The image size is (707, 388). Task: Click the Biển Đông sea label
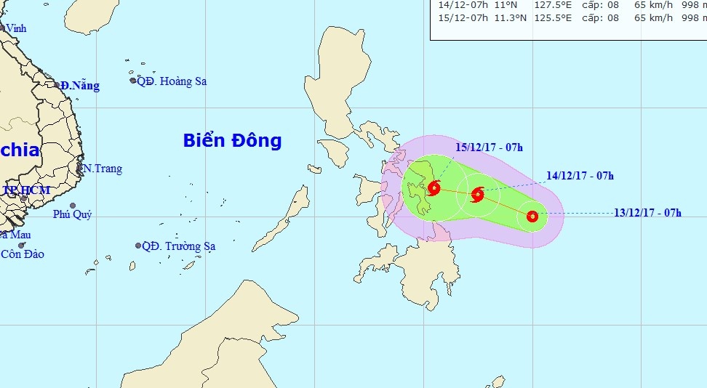click(x=232, y=141)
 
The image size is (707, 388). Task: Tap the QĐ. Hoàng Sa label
click(x=172, y=81)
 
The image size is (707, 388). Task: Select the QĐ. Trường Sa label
click(x=178, y=246)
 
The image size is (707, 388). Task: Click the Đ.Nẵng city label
click(x=80, y=86)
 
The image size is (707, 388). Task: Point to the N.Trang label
click(x=103, y=169)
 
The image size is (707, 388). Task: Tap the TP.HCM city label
click(x=26, y=190)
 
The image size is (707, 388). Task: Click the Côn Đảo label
click(x=23, y=254)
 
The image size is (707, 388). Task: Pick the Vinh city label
click(x=15, y=28)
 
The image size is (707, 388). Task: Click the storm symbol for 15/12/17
click(x=434, y=188)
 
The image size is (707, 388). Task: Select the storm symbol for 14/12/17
click(x=478, y=194)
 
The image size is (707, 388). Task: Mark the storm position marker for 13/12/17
click(x=532, y=216)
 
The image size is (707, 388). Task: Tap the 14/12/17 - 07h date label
click(x=580, y=175)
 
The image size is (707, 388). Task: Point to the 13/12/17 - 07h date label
click(x=647, y=213)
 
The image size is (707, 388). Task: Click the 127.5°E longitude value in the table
click(x=514, y=5)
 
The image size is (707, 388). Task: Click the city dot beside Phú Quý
click(x=73, y=206)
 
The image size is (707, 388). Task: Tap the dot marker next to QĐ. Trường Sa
click(x=137, y=246)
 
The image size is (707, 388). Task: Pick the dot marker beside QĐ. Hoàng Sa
click(x=133, y=81)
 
